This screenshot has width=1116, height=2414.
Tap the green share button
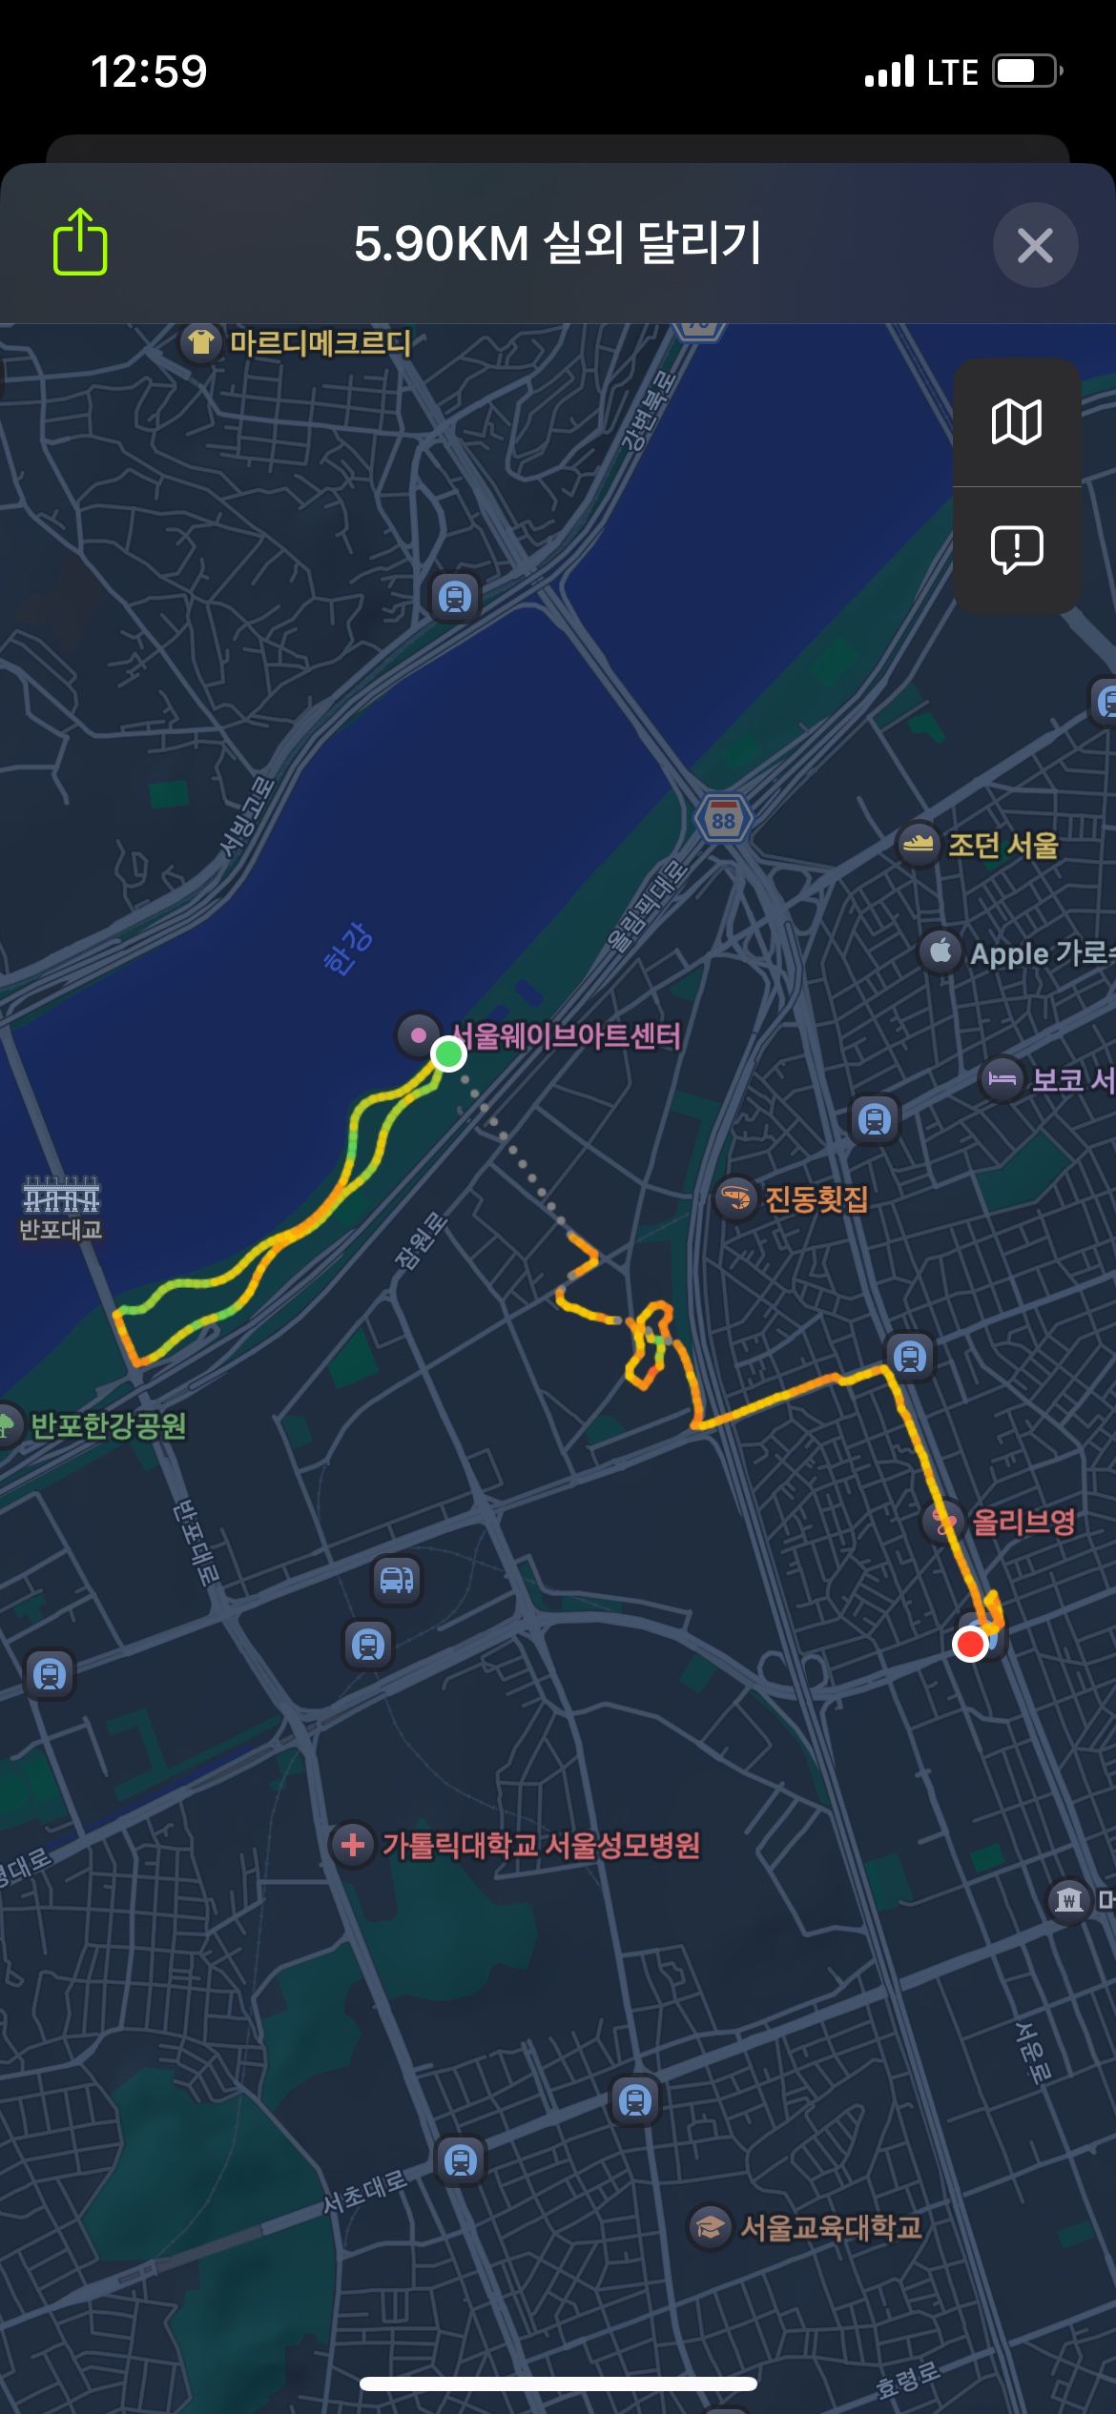[80, 243]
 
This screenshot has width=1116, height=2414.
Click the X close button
[1035, 245]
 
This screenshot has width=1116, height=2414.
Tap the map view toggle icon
[1017, 422]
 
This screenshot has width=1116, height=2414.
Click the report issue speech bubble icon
[1017, 549]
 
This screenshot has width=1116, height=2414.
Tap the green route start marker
[448, 1054]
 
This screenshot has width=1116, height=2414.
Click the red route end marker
[970, 1644]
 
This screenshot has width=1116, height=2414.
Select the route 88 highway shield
[723, 819]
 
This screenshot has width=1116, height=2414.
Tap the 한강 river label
[348, 948]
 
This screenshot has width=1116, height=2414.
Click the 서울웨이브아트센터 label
[567, 1036]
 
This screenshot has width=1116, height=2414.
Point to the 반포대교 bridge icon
[61, 1196]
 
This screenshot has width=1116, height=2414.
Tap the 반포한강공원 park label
[108, 1425]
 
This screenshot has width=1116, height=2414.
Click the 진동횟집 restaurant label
[816, 1198]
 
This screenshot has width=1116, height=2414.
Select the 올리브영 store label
[1023, 1521]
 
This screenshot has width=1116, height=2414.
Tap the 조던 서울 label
[1002, 845]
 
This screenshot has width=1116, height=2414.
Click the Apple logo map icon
[940, 951]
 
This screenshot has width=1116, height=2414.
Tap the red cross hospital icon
[352, 1845]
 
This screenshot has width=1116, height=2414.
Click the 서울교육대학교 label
[831, 2226]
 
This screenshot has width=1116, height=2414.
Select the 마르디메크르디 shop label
[320, 342]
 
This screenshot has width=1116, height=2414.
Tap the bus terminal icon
[397, 1580]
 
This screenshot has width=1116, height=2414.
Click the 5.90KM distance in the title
[441, 244]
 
